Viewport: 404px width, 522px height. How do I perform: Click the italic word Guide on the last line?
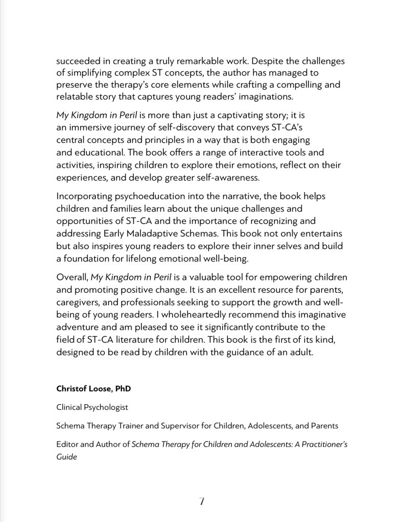coord(66,457)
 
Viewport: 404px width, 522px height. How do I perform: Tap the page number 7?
coord(202,502)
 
